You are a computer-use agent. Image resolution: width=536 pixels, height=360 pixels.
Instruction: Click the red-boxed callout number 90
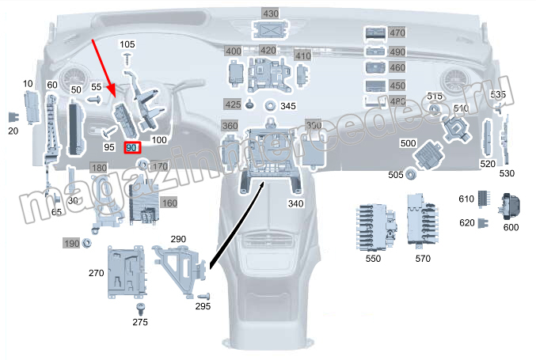point(131,148)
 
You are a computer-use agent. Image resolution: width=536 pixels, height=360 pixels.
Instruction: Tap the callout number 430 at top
point(271,13)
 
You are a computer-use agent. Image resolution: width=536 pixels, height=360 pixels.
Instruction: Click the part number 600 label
point(511,227)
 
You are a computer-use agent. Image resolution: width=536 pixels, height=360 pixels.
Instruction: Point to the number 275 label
point(140,322)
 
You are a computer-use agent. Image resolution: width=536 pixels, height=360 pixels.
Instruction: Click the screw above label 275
point(141,307)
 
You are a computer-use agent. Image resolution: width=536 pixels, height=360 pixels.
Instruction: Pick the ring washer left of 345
point(270,104)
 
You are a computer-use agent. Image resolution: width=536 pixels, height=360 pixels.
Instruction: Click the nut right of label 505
point(411,175)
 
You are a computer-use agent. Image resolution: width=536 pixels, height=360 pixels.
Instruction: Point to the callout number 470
point(397,33)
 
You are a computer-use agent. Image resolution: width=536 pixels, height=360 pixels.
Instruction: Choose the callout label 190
point(72,243)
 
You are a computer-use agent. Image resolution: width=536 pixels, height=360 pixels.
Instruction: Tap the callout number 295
point(203,306)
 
